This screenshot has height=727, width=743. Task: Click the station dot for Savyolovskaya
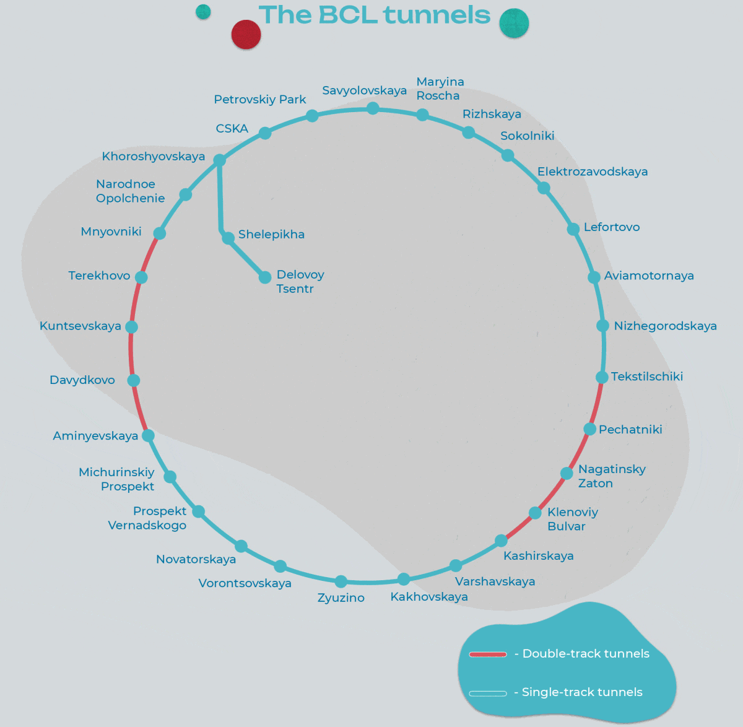coord(373,108)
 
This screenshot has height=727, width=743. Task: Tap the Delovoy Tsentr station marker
coord(265,277)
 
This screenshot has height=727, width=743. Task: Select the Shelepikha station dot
coord(228,237)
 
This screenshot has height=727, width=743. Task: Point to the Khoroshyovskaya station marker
coord(219,160)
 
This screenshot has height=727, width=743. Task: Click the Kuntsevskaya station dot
coord(131,326)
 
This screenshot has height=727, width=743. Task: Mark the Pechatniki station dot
coord(589,429)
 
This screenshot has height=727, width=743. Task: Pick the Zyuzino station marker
coord(341,581)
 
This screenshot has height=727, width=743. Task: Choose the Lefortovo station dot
coord(573,229)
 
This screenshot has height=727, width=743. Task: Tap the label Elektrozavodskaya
coord(592,172)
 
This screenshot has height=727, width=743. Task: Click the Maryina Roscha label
coord(440,89)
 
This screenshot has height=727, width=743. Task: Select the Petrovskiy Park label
coord(260,100)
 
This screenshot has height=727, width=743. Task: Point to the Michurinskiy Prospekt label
coord(118,479)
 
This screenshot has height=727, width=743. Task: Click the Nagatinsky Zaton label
coord(611,476)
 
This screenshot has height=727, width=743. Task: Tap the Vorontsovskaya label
coord(245,583)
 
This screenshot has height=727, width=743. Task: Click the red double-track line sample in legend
coord(488,654)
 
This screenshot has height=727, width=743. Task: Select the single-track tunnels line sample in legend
coord(488,693)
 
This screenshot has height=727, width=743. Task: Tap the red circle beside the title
coord(246,35)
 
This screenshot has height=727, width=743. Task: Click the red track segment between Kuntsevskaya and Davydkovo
coord(131,353)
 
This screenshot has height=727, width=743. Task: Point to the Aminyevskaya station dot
coord(148,435)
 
